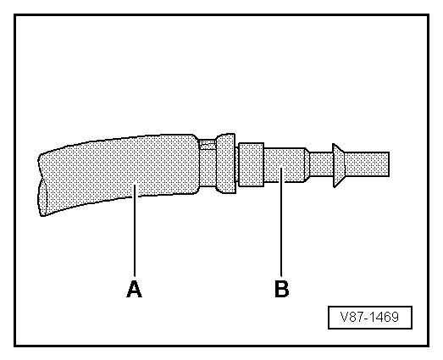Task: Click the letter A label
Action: coord(134,289)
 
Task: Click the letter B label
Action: coord(281,289)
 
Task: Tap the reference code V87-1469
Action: coord(370,318)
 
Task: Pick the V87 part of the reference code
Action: coord(350,318)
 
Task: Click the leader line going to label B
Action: coord(281,229)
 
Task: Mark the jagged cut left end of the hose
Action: coord(40,182)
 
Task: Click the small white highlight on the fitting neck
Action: coord(207,144)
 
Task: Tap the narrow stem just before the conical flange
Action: coord(320,163)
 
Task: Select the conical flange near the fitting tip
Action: coord(336,163)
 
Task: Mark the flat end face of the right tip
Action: coord(389,163)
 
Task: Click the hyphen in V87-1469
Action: coord(364,318)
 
